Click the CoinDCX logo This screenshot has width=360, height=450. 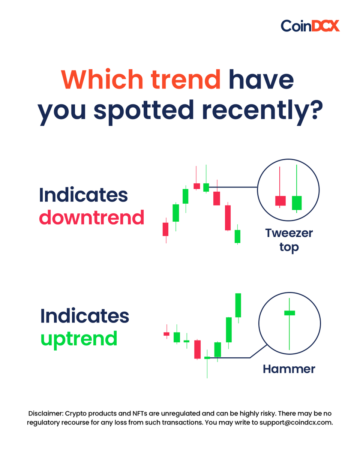pyautogui.click(x=310, y=26)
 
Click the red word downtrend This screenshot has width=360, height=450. pyautogui.click(x=91, y=217)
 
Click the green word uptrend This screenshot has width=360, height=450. pyautogui.click(x=79, y=338)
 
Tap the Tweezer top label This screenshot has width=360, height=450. pyautogui.click(x=289, y=240)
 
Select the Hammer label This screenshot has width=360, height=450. pyautogui.click(x=289, y=369)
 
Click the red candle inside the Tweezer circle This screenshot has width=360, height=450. pyautogui.click(x=280, y=201)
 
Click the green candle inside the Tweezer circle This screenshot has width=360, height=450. pyautogui.click(x=297, y=202)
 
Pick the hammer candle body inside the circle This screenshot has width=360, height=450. pyautogui.click(x=289, y=313)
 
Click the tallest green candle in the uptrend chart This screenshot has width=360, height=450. pyautogui.click(x=238, y=305)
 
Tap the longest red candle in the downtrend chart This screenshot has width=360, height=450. pyautogui.click(x=228, y=217)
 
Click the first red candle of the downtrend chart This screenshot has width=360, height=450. pyautogui.click(x=165, y=229)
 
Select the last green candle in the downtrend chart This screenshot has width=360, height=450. pyautogui.click(x=237, y=236)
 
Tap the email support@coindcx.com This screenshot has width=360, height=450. pyautogui.click(x=295, y=423)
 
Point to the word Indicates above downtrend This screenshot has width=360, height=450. pyautogui.click(x=83, y=195)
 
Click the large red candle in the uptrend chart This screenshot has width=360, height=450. pyautogui.click(x=198, y=349)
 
